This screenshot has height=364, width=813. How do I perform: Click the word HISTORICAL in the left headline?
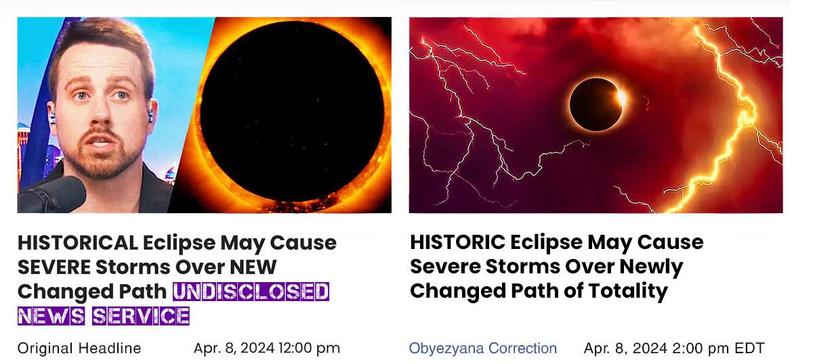78,242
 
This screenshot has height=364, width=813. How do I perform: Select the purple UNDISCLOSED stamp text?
251,292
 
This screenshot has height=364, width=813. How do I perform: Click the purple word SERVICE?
140,316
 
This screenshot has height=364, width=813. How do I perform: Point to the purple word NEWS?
51,316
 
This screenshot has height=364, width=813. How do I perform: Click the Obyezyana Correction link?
482,348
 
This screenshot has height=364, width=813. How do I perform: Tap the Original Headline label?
79,348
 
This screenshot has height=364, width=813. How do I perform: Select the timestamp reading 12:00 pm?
309,348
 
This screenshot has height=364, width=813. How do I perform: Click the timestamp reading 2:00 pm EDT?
718,348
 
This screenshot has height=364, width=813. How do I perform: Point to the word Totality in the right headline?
628,291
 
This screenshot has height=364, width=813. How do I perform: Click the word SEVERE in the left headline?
54,267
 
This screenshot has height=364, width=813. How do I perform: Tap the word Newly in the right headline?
651,267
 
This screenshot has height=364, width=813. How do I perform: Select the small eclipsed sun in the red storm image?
597,104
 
